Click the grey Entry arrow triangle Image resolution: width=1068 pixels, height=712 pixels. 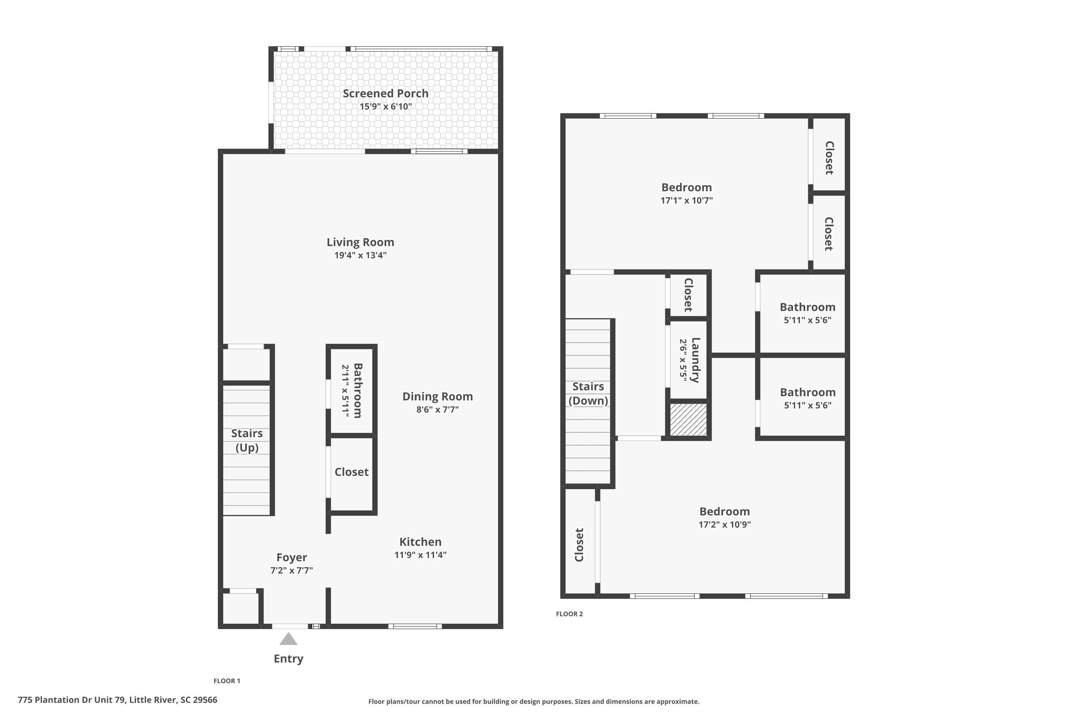coord(288,639)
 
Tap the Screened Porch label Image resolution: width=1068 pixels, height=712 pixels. coord(386,94)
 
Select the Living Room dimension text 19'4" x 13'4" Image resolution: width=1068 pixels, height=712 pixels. coord(361,255)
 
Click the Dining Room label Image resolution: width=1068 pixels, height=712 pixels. coord(438,397)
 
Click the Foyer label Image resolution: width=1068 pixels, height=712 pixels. coord(292,557)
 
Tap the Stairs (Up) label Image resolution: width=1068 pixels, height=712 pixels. coord(247,440)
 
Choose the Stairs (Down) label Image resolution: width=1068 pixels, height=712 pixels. coord(588,394)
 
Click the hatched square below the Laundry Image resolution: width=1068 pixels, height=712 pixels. coord(689,420)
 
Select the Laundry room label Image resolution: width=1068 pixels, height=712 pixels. coord(695,360)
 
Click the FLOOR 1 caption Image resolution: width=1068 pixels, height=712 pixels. coord(227,681)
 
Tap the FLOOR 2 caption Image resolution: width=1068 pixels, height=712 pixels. coord(569,614)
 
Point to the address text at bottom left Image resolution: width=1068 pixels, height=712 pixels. coord(117,700)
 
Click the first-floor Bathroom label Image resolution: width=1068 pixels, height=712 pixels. coord(358,391)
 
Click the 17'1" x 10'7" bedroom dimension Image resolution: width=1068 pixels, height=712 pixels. coord(687,200)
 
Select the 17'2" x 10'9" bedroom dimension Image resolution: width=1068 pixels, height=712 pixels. coord(725,524)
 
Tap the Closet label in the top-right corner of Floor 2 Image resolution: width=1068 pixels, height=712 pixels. coord(829,158)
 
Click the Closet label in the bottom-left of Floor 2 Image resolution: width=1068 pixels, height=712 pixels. coord(579,545)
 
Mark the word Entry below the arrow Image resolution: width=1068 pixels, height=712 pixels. coord(288,659)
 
